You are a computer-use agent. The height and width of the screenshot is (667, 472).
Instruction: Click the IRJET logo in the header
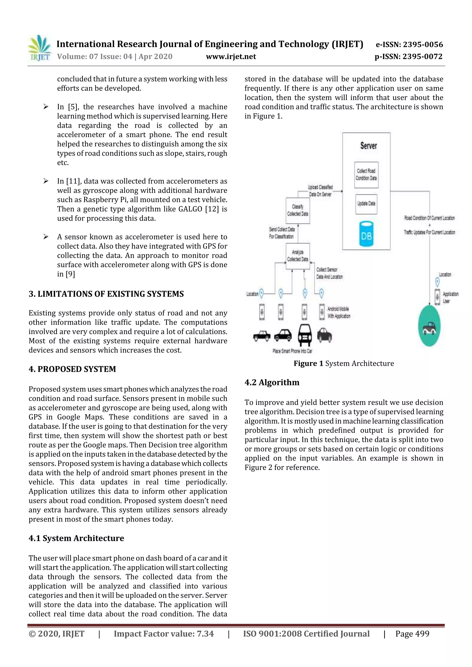40,48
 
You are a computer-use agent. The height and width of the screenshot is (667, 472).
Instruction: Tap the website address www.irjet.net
231,57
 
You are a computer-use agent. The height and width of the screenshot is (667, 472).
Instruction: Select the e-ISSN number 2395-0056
409,44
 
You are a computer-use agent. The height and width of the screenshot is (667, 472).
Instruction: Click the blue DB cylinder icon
366,234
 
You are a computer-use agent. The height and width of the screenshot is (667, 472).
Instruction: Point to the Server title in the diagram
369,146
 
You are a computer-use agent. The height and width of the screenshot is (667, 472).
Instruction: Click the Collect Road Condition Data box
366,175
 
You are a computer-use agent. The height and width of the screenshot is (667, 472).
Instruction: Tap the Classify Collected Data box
298,210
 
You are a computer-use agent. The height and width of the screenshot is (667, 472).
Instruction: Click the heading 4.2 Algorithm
272,382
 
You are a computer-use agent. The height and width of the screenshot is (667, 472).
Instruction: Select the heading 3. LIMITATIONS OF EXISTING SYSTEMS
106,294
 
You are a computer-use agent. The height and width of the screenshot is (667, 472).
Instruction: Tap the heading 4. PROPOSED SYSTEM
72,369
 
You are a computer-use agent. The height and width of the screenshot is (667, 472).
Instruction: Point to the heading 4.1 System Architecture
76,538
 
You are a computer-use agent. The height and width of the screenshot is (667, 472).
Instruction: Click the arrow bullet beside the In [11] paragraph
46,181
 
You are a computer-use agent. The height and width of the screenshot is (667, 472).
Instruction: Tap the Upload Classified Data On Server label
320,191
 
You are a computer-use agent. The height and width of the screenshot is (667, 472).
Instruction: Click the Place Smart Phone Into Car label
292,351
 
